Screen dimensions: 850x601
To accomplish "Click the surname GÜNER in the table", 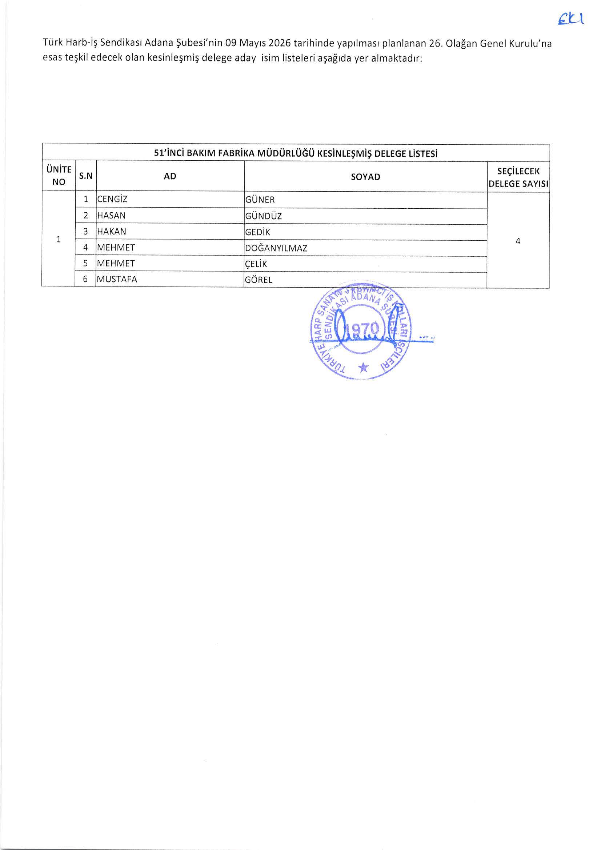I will point(260,200).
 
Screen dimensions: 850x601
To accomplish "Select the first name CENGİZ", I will point(112,199).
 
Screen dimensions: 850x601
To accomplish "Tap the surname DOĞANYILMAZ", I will point(276,248).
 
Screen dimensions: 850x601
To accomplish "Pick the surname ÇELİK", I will point(256,264).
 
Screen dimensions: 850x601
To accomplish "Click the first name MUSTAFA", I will point(117,279).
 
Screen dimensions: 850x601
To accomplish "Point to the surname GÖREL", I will point(259,280).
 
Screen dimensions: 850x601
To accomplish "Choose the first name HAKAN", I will point(112,231).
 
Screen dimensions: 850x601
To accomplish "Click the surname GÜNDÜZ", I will point(263,216).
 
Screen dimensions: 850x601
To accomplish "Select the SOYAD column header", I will point(365,177).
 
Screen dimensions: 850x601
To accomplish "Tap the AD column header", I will point(170,176).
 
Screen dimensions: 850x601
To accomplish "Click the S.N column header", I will point(85,176).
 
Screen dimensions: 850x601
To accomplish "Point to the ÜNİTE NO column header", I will point(59,176).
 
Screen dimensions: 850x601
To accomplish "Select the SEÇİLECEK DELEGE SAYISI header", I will point(518,177).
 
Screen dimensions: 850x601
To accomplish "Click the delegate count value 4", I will point(518,241).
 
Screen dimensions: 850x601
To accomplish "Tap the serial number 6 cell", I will point(85,279).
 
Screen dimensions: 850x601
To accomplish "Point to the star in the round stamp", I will point(364,367).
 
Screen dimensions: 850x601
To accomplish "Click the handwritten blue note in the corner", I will point(570,19).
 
